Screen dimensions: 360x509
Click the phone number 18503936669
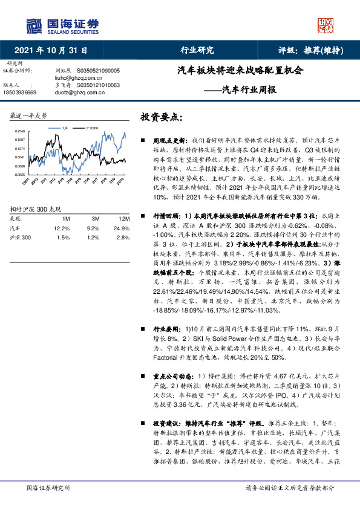[x=20, y=92]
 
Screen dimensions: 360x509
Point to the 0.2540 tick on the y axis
[x=21, y=131]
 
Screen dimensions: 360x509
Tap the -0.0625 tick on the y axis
[x=20, y=174]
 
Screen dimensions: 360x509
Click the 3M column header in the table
[x=95, y=218]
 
